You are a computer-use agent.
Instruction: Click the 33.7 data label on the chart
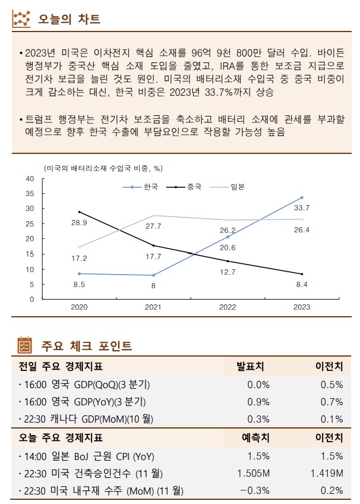(302, 208)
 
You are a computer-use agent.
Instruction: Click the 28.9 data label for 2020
(79, 222)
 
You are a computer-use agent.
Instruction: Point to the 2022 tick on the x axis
(228, 307)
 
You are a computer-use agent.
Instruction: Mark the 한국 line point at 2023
(302, 197)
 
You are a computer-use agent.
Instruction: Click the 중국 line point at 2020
(79, 212)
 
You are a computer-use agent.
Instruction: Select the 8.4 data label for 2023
(302, 285)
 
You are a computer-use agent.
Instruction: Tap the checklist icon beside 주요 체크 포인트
(23, 345)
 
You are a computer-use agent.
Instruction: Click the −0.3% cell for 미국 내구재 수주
(254, 490)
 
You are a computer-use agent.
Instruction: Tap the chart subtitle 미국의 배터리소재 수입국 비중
(103, 169)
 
